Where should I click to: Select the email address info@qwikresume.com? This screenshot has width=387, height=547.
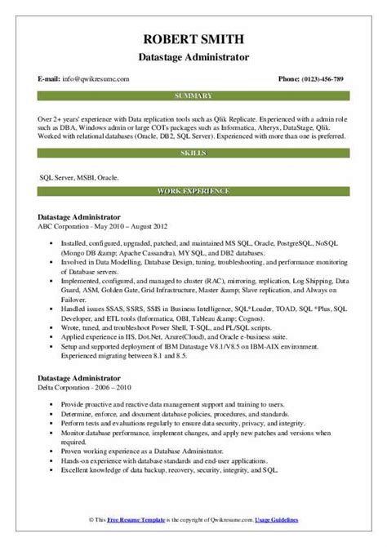(x=96, y=78)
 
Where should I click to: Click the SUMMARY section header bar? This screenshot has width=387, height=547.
(x=193, y=96)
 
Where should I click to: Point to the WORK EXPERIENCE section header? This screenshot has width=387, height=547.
(x=193, y=192)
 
